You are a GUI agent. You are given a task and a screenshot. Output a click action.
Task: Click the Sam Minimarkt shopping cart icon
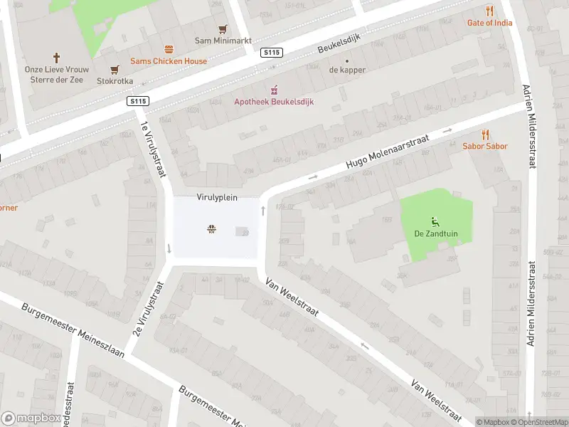(x=223, y=29)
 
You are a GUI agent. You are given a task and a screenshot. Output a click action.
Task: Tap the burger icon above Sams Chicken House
(x=169, y=49)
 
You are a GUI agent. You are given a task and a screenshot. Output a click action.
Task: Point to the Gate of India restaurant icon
(x=489, y=11)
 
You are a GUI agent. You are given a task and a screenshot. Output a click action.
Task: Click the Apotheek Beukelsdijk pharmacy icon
(x=273, y=90)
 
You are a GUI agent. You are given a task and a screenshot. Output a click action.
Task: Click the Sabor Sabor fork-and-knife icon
(x=486, y=134)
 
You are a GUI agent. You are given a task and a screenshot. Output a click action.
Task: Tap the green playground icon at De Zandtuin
(x=435, y=221)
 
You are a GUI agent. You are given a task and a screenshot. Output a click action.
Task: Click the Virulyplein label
(x=217, y=198)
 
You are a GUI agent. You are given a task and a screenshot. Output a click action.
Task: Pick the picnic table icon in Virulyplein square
(x=211, y=229)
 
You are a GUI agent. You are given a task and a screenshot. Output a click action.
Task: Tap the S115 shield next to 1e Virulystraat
(x=139, y=102)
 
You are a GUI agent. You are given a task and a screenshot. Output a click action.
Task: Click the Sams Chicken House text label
(x=169, y=61)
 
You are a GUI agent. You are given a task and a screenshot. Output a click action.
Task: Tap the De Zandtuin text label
(x=435, y=233)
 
